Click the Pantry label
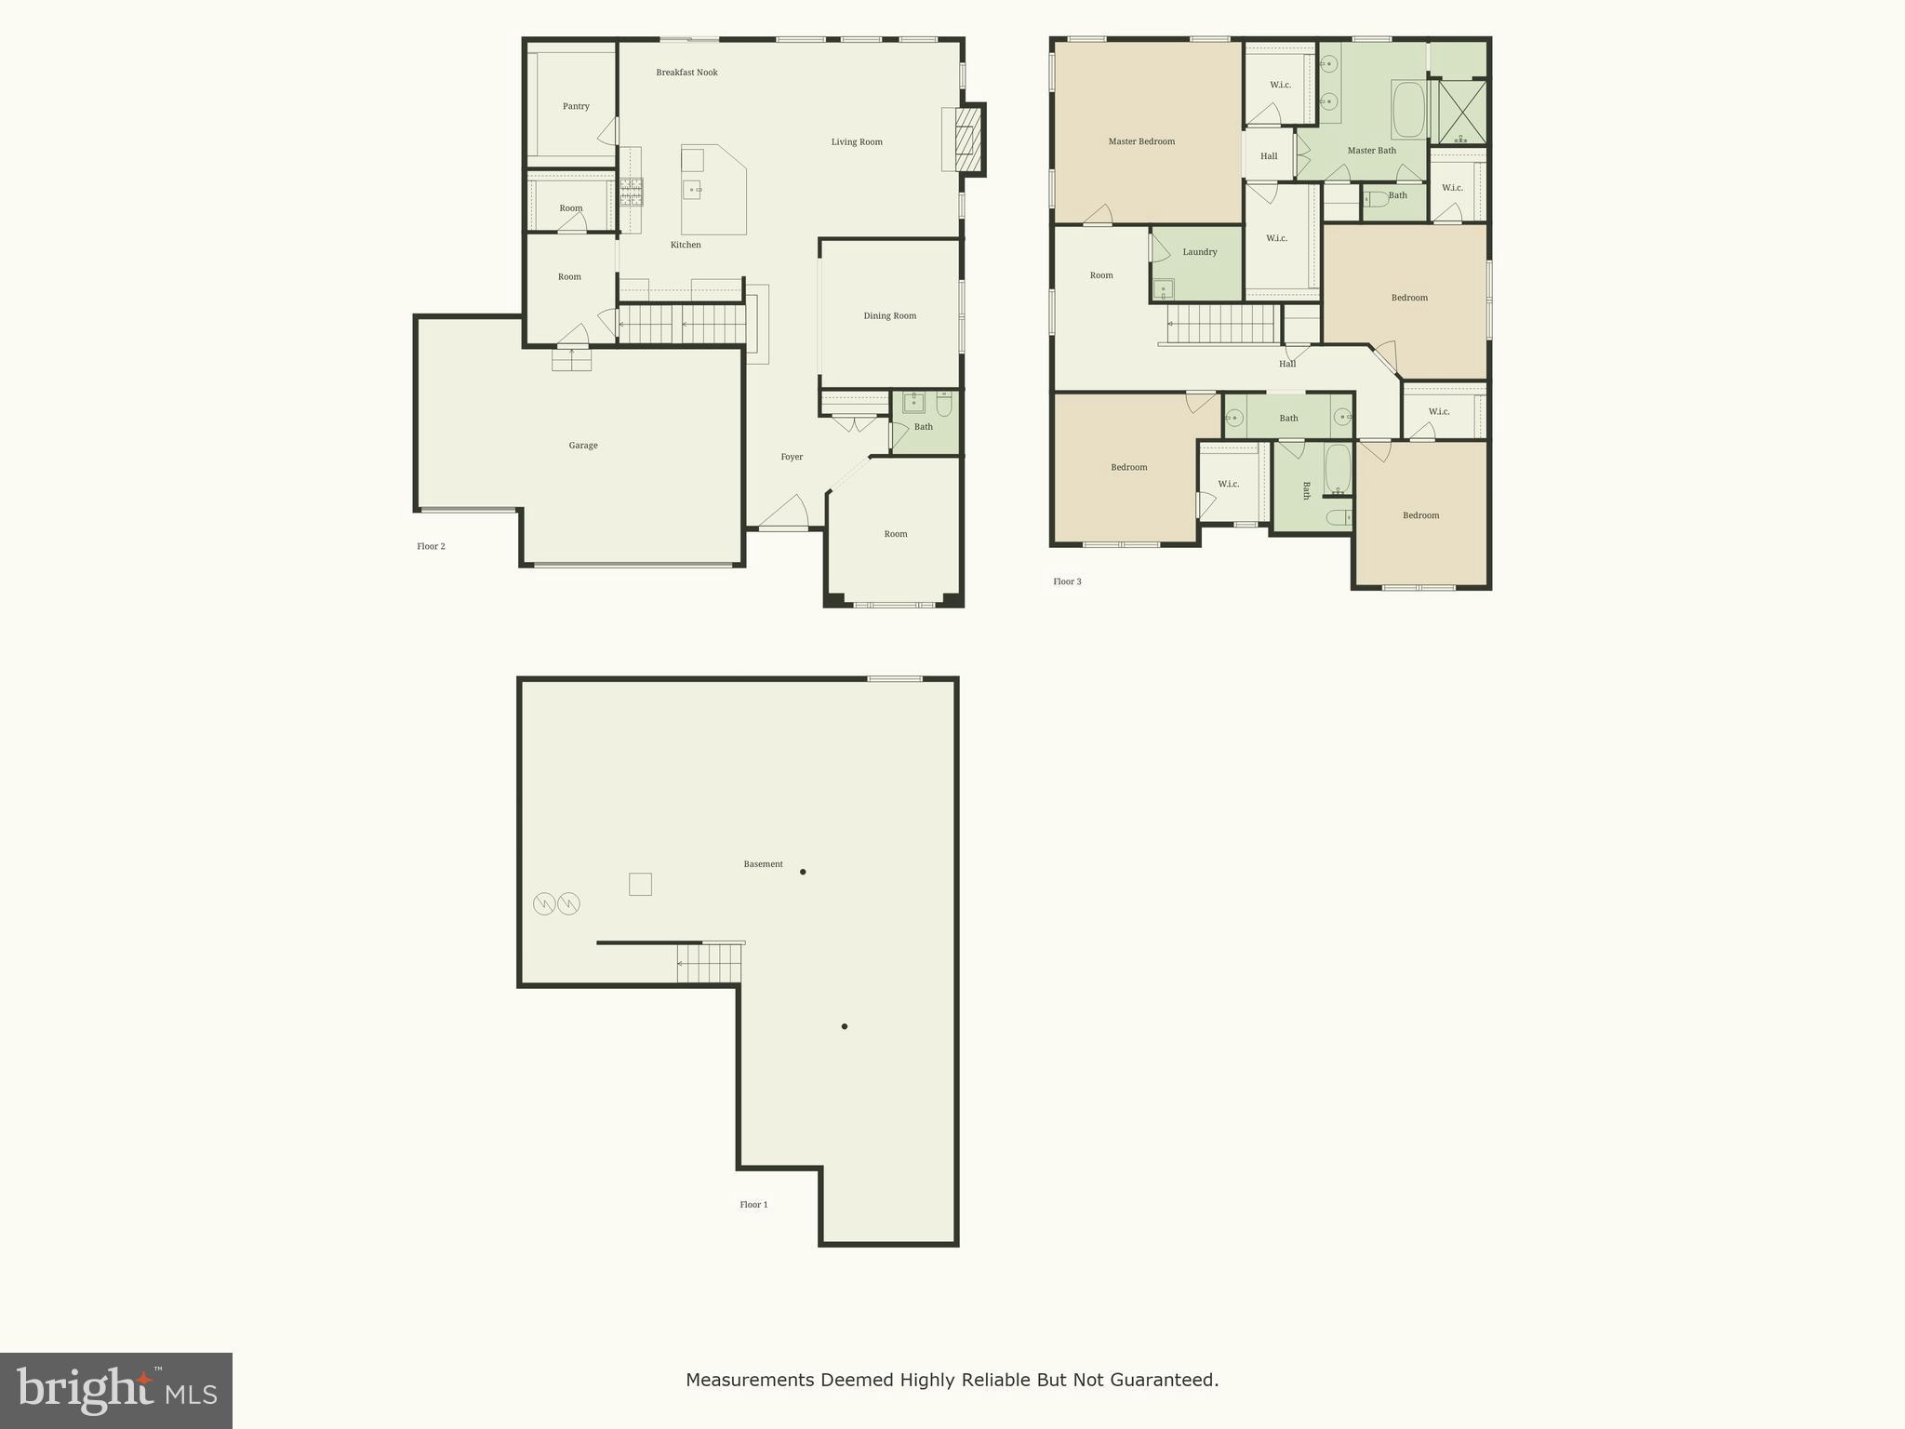click(576, 106)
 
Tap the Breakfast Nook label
click(686, 73)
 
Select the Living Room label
click(857, 142)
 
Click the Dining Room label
click(889, 316)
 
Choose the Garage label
click(583, 446)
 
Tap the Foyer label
click(792, 457)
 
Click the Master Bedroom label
click(1141, 141)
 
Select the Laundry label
click(1200, 252)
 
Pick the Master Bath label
click(1371, 151)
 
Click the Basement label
click(763, 864)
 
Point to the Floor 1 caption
click(753, 1205)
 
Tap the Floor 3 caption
click(1067, 582)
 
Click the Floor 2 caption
click(431, 547)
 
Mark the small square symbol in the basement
click(640, 884)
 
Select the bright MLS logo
click(116, 1390)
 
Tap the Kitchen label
click(686, 246)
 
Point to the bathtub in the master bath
click(1408, 110)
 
